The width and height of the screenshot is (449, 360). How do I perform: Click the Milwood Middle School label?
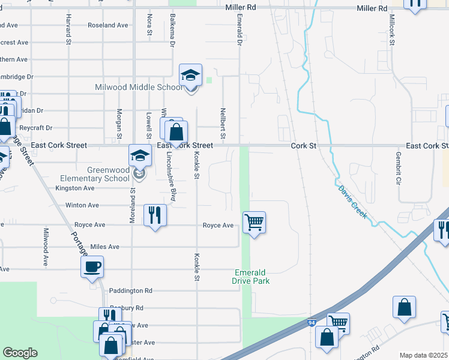click(139, 88)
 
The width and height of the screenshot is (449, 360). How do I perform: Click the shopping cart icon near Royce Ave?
click(255, 223)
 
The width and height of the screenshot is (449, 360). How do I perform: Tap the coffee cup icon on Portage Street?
click(92, 266)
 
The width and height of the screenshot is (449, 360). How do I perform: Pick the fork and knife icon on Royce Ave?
click(155, 215)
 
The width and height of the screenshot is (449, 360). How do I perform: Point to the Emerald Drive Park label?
click(251, 277)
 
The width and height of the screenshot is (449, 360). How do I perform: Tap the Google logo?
click(20, 353)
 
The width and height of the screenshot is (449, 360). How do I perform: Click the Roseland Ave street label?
click(108, 25)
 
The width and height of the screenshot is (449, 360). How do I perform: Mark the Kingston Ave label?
click(74, 188)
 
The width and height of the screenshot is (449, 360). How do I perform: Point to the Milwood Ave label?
click(45, 246)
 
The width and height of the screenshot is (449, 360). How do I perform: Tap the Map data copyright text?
click(424, 355)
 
